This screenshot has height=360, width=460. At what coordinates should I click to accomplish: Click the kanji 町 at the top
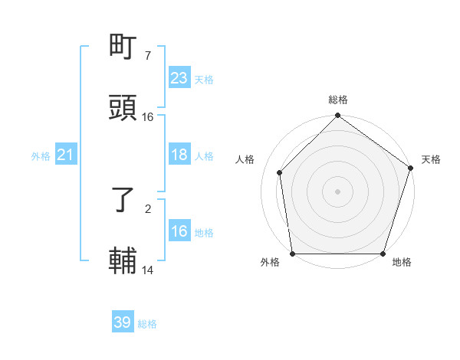[123, 47]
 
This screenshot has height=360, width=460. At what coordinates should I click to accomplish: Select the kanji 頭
[123, 108]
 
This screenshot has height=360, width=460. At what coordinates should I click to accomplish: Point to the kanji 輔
[123, 261]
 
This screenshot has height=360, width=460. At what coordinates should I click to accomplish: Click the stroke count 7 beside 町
[148, 56]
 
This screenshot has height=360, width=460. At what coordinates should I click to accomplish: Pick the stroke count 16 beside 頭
[148, 117]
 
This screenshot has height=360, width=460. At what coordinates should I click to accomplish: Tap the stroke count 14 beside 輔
[148, 270]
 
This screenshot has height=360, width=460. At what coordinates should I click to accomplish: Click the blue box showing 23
[179, 78]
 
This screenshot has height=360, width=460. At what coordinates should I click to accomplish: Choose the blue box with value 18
[179, 155]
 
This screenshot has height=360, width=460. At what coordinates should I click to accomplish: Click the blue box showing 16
[179, 231]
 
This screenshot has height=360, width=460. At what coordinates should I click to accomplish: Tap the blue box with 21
[65, 155]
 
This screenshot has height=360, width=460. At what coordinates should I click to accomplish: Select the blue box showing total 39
[122, 322]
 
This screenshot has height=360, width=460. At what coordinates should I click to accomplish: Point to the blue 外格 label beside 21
[41, 156]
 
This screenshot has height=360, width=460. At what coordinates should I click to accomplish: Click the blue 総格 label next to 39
[147, 323]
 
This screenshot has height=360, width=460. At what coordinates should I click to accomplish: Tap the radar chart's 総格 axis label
[338, 100]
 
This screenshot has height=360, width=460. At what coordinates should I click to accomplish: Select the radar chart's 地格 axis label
[402, 263]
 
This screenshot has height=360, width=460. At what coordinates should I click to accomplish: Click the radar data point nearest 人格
[280, 172]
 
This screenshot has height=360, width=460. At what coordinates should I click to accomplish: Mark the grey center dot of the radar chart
[338, 191]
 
